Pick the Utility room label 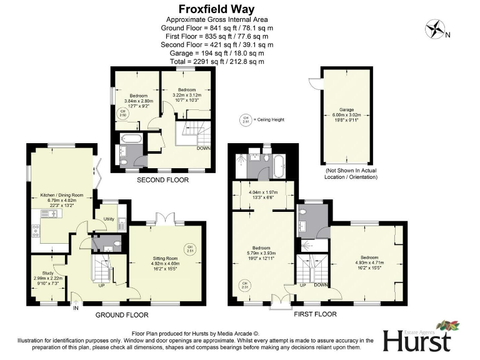click(109, 219)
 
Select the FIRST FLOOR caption click(315, 314)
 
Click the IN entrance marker click(76, 307)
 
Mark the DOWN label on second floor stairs click(203, 149)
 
